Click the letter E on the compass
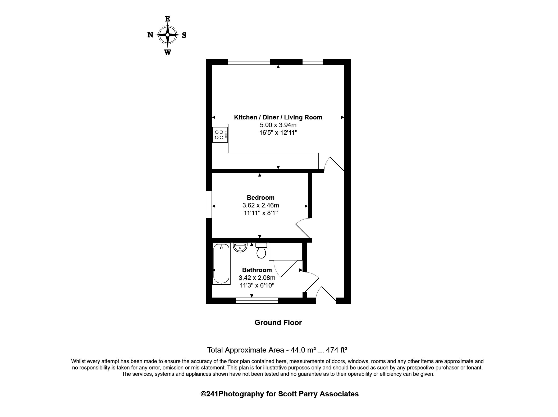pos(167,19)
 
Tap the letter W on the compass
pos(167,52)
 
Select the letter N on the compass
pos(150,35)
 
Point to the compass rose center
pos(168,35)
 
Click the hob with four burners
pos(219,135)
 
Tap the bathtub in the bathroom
pos(221,264)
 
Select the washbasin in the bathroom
pos(240,247)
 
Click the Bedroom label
pos(260,197)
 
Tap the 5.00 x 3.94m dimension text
pos(278,125)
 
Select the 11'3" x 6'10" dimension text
pos(257,285)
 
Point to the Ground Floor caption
pos(278,322)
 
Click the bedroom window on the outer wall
pos(209,204)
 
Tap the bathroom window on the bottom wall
pos(257,300)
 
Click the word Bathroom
pos(257,270)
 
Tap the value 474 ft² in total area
pos(336,350)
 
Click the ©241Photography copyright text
pos(279,394)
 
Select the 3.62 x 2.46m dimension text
pos(260,205)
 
